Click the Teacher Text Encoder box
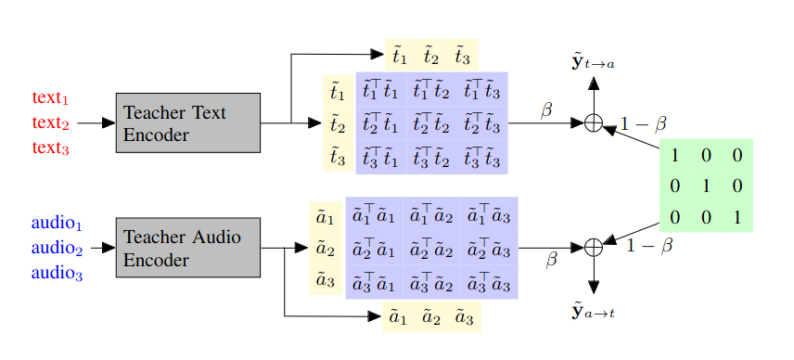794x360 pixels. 187,122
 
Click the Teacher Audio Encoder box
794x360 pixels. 187,248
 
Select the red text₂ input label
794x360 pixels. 51,122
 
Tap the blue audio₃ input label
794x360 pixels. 57,273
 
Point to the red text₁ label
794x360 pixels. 51,97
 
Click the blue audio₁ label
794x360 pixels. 57,224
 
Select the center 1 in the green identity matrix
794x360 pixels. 706,186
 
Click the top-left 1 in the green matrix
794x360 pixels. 675,155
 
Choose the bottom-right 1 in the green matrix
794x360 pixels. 737,218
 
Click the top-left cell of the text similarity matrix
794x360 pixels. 381,91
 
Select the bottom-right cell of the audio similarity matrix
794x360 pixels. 487,280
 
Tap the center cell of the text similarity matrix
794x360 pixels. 431,122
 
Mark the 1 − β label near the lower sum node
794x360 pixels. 649,247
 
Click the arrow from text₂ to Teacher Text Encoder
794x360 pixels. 96,122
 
